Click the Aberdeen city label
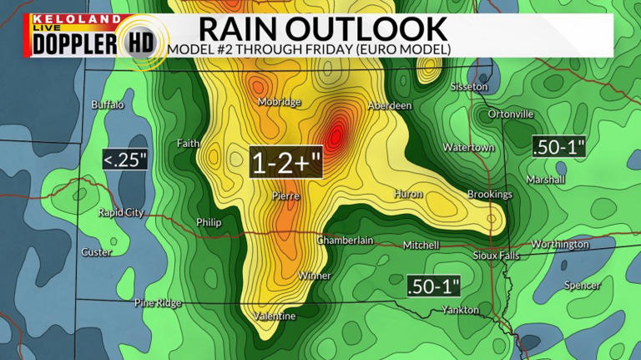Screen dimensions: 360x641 coord(390,106)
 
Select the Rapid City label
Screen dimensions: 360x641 coord(121,212)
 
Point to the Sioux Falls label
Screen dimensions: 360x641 coord(496,255)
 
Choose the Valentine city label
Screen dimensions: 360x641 coord(275,316)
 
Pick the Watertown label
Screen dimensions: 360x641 coord(468,148)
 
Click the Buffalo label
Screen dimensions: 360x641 coord(108,104)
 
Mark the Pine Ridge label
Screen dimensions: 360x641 coord(158,302)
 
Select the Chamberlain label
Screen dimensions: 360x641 coord(345,240)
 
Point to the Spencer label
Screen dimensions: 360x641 coord(582,285)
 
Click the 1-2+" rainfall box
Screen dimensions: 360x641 coord(286,160)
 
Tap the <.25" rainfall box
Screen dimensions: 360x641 coord(125,159)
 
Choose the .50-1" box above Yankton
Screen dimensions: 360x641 coord(434,286)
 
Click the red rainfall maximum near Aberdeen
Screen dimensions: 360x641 coord(336,132)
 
